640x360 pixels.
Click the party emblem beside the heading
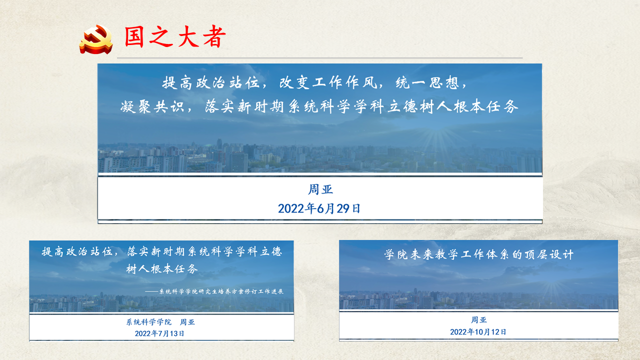[x=96, y=39]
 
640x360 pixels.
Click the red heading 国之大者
[x=175, y=37]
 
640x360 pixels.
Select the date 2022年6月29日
[x=319, y=208]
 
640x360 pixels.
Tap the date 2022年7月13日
[x=159, y=333]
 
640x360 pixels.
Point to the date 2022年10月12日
[x=478, y=331]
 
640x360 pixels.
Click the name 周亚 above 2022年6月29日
[x=320, y=189]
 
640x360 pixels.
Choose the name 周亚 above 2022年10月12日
[x=478, y=320]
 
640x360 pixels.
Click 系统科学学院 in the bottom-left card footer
[x=149, y=322]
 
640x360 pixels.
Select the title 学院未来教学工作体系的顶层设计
[x=478, y=254]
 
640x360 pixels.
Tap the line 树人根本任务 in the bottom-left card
[x=162, y=269]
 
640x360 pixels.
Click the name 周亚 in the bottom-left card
[x=187, y=322]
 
